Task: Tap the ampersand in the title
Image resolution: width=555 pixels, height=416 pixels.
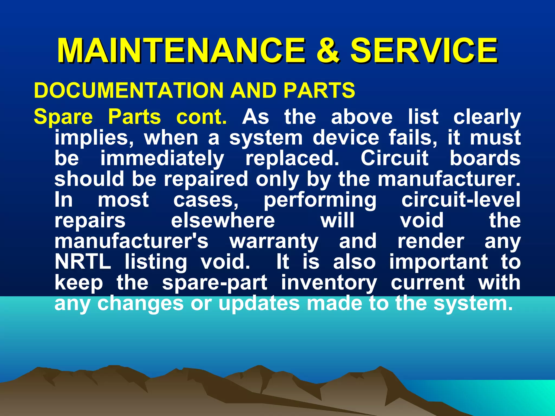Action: [328, 51]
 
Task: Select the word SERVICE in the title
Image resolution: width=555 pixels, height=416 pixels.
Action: [424, 51]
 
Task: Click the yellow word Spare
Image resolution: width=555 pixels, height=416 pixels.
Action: [63, 117]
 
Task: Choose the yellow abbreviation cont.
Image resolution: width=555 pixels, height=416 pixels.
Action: [201, 117]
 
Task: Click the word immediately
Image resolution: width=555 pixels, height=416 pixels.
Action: [162, 159]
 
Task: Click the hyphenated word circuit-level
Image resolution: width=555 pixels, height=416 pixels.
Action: [461, 200]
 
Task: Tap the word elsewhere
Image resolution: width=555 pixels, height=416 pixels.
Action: [223, 220]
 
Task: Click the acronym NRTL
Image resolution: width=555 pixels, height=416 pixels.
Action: [83, 262]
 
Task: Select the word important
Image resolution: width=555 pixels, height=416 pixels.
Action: [439, 262]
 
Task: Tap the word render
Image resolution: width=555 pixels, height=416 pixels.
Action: [431, 241]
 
